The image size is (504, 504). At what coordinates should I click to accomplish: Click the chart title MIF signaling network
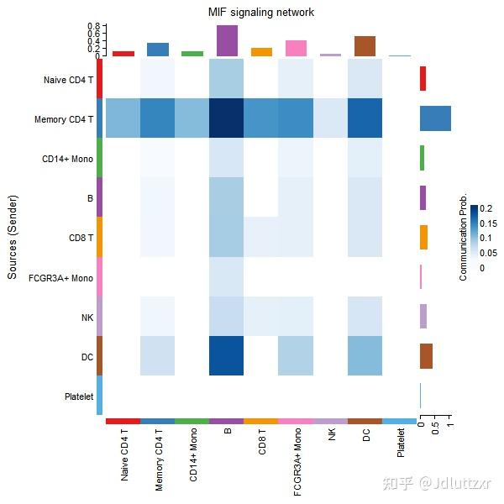261,13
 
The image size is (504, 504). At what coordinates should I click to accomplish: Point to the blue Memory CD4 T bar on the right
435,118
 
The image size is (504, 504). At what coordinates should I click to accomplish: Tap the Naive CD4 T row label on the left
68,80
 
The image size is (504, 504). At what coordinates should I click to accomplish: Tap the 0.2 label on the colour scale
486,208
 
